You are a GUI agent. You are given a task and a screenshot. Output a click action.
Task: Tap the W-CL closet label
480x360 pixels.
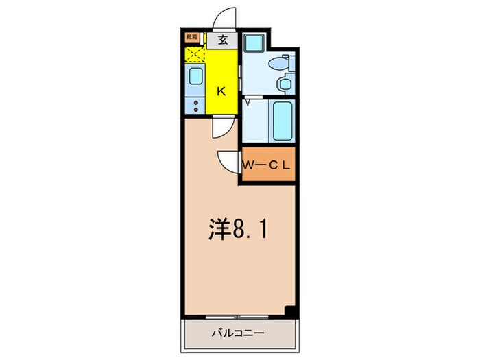267,165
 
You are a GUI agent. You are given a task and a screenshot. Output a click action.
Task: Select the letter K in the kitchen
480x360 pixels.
221,91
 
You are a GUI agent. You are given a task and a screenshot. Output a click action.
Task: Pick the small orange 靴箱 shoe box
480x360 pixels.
192,38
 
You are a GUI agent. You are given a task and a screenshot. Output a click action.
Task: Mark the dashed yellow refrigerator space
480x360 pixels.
195,54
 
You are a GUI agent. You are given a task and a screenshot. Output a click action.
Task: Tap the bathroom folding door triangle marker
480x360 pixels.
248,104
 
